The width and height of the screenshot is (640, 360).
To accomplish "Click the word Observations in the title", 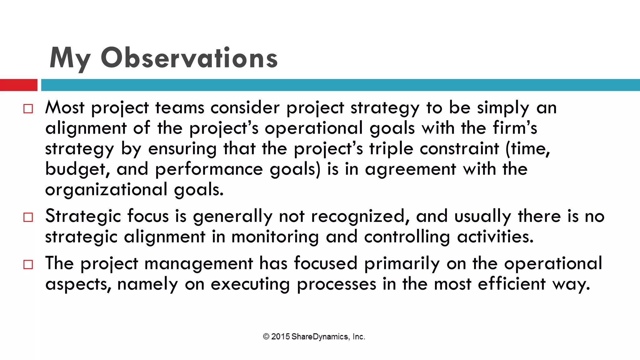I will tap(189, 58).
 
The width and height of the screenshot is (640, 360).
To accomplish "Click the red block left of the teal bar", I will tap(18, 85).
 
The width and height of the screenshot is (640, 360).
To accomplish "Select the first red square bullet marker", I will tap(28, 109).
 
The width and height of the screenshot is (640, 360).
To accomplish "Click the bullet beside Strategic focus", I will tap(28, 217).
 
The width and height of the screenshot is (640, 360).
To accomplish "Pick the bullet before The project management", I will tap(28, 264).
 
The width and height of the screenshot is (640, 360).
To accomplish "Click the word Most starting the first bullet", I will tap(65, 107).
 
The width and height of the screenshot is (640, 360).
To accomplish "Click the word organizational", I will tap(106, 190).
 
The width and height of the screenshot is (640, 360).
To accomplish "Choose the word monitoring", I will tap(275, 237).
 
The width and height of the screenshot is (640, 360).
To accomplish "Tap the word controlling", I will tap(407, 237).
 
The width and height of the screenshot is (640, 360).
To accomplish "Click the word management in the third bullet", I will tap(198, 264).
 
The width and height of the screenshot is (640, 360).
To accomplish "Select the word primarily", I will tap(402, 264).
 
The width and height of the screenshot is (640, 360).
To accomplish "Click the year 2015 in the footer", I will tap(280, 337).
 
